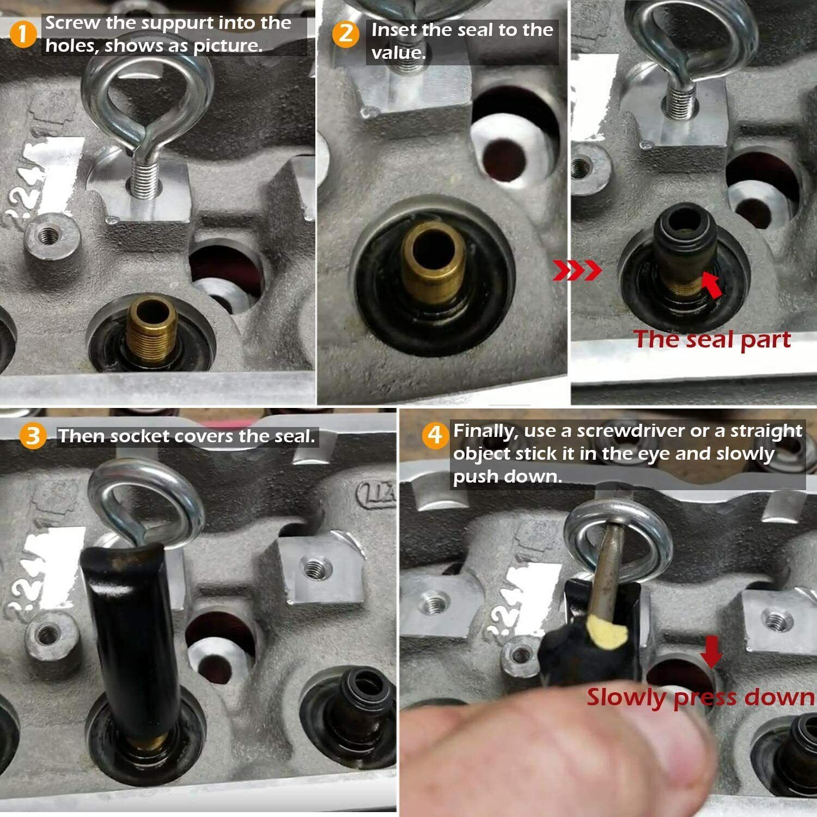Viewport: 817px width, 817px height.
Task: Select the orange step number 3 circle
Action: (33, 436)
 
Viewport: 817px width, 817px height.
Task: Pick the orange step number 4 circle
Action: (435, 435)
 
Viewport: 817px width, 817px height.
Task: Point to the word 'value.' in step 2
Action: (398, 53)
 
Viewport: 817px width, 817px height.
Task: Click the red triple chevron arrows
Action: (577, 270)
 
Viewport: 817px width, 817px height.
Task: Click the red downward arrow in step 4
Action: (710, 650)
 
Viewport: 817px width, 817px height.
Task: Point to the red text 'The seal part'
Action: (712, 339)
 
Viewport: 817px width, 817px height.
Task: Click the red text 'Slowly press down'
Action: (700, 697)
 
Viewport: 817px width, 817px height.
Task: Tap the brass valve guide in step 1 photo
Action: (153, 327)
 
